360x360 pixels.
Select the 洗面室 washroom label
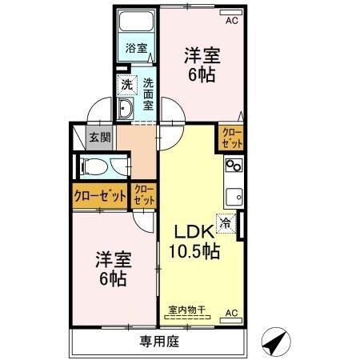point(149,93)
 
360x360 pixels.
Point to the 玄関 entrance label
point(100,137)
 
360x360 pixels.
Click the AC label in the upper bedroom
point(231,21)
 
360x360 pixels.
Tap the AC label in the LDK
point(231,312)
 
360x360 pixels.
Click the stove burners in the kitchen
point(234,167)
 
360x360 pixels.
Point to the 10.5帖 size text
point(194,251)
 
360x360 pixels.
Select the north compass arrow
point(275,342)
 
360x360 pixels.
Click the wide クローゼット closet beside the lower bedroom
point(100,196)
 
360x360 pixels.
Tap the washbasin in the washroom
point(126,110)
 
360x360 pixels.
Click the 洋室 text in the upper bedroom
point(202,57)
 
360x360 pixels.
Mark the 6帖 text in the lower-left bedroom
point(114,280)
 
